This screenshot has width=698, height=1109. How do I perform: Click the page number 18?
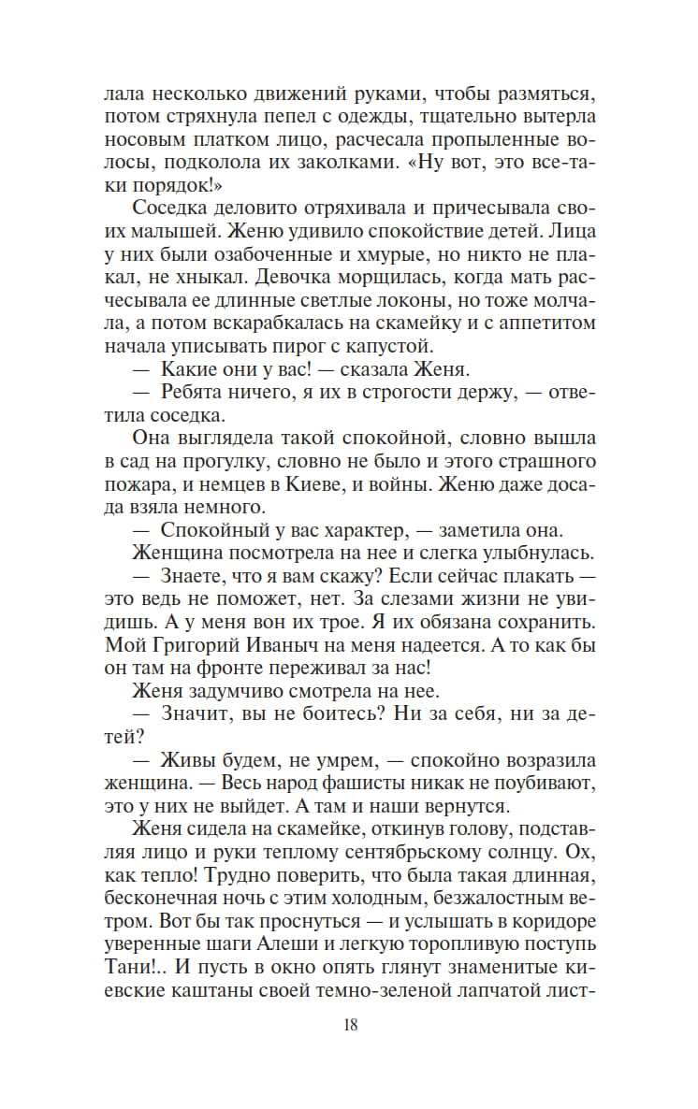click(350, 1024)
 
